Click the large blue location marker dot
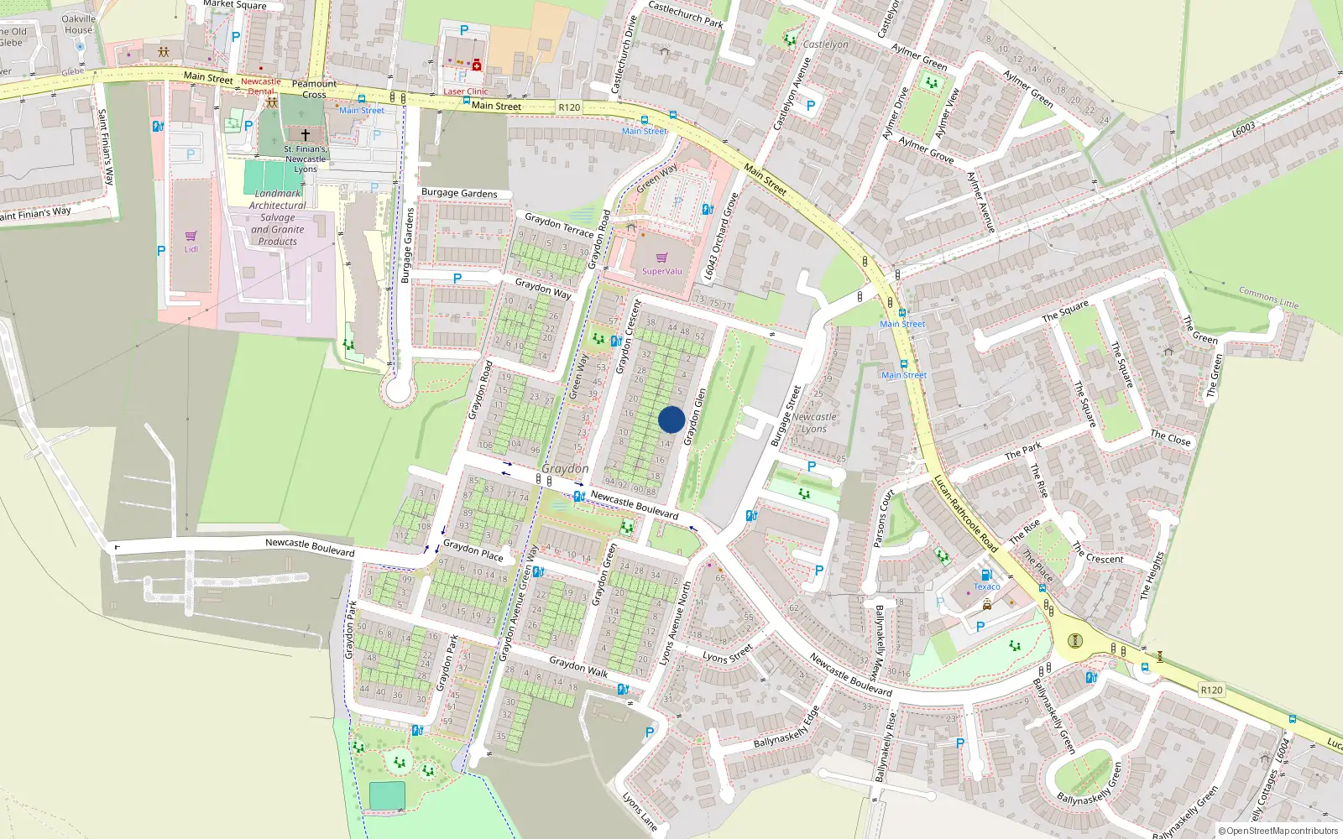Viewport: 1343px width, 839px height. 671,419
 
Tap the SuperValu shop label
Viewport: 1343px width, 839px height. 661,271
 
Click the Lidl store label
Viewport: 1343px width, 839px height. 191,249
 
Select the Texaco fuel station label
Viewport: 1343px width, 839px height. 986,586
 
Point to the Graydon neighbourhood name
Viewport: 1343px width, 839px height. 565,468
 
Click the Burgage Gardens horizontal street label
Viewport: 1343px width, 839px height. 459,193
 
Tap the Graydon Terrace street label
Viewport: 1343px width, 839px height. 559,225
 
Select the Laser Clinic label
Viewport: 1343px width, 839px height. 465,91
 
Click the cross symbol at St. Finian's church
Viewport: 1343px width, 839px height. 306,134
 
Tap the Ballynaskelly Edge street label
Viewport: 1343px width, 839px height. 786,728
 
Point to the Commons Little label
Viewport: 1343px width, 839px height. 1268,297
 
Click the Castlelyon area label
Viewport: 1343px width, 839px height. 825,44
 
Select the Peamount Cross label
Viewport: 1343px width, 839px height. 314,89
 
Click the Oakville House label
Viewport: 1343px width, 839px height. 79,24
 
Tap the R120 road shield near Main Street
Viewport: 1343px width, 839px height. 569,107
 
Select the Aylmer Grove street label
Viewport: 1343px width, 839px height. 926,149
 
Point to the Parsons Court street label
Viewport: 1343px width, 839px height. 884,518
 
